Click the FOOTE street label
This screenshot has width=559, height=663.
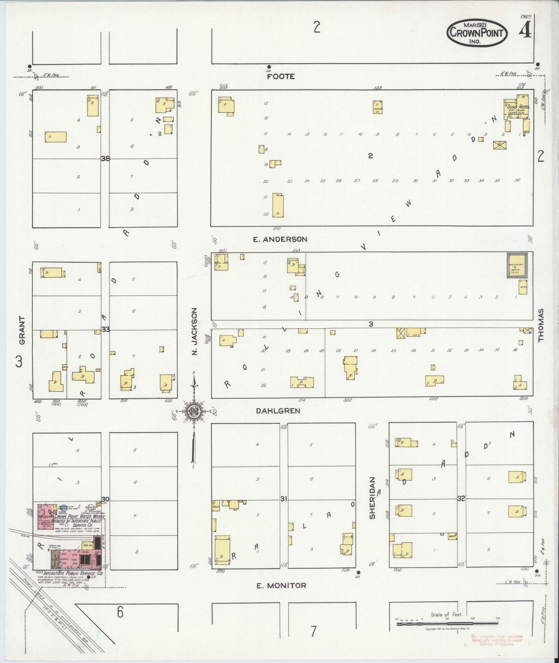coord(281,77)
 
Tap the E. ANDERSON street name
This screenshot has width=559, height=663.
coord(280,239)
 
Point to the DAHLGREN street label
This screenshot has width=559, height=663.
coord(278,411)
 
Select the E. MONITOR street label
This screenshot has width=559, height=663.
coord(281,585)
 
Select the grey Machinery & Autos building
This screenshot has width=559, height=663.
coord(517,265)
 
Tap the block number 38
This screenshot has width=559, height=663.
coord(105,158)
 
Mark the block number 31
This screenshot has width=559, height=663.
coord(284,499)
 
